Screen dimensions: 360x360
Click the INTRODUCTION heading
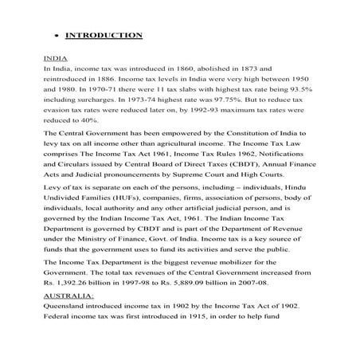104,35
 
